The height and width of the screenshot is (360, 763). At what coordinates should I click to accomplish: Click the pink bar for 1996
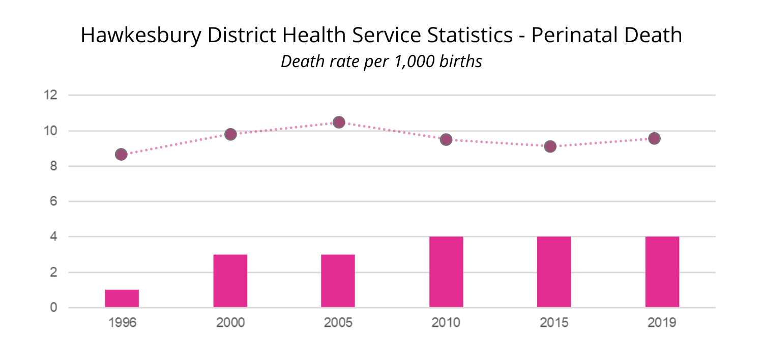pos(122,298)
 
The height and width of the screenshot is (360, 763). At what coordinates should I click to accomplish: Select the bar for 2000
pos(230,281)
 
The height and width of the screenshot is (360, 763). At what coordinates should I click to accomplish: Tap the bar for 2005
pos(338,281)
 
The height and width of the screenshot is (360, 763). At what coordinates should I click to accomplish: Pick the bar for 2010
pos(446,272)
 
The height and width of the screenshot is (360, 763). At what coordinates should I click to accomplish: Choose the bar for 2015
pos(554,272)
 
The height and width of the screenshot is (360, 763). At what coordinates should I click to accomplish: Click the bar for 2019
pos(662,272)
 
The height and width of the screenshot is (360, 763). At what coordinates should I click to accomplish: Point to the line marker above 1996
pos(121,154)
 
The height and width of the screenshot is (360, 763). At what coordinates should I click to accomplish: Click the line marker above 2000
pos(230,134)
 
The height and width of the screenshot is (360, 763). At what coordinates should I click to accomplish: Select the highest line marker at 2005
pos(339,122)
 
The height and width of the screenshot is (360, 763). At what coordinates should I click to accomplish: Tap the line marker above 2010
pos(446,139)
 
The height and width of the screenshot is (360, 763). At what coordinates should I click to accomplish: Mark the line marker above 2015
pos(550,146)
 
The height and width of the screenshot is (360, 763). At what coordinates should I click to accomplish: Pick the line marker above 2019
pos(655,138)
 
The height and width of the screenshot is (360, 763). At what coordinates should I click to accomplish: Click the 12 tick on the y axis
pos(50,95)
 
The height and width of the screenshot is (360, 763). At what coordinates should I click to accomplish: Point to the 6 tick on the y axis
pos(53,201)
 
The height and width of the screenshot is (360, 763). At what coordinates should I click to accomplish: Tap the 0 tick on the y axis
pos(53,308)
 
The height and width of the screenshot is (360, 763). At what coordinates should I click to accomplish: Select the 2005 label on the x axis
pos(338,323)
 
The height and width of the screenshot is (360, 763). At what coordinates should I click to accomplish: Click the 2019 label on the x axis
pos(662,323)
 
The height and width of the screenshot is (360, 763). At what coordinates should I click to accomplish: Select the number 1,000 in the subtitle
pos(412,62)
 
